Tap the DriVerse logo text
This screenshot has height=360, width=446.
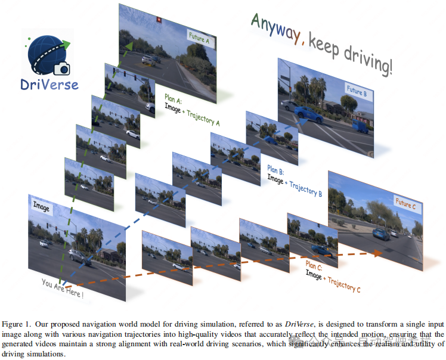[x=49, y=84]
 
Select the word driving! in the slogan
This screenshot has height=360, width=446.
[x=370, y=60]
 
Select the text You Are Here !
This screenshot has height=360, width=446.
[x=62, y=288]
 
